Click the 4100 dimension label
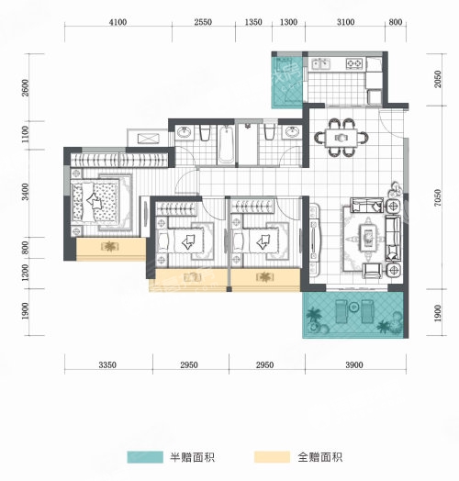pos(118,22)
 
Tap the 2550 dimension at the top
pos(203,22)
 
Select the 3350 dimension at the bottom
pos(107,364)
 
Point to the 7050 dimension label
pos(438,197)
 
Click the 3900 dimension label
pos(354,364)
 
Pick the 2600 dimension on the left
pos(25,88)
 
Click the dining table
pos(341,138)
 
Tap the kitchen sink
pos(320,64)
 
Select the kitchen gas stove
pos(354,63)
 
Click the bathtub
pos(226,145)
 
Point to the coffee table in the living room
pos(368,238)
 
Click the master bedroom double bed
pos(95,202)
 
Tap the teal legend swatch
pos(145,457)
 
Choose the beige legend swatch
pos(272,457)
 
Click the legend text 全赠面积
pos(320,457)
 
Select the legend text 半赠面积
pos(193,457)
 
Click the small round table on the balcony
pos(354,307)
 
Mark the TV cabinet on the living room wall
pos(314,240)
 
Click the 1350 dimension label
pos(253,22)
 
